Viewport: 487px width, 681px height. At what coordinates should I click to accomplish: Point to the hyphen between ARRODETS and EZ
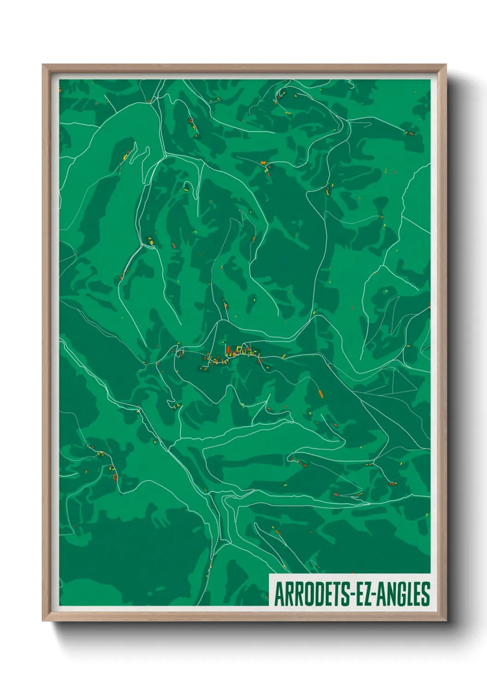[351, 594]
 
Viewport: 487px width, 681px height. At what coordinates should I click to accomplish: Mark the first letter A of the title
[279, 594]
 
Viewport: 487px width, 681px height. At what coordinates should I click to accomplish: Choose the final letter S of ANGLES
[426, 594]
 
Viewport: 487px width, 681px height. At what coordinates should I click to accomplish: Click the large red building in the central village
[227, 350]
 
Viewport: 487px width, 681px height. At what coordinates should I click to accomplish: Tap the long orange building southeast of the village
[320, 394]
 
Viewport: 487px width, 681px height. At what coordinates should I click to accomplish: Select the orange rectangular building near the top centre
[263, 163]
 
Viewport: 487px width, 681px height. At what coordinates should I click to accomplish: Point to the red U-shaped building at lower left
[115, 477]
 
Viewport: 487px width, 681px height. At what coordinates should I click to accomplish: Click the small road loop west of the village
[180, 353]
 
